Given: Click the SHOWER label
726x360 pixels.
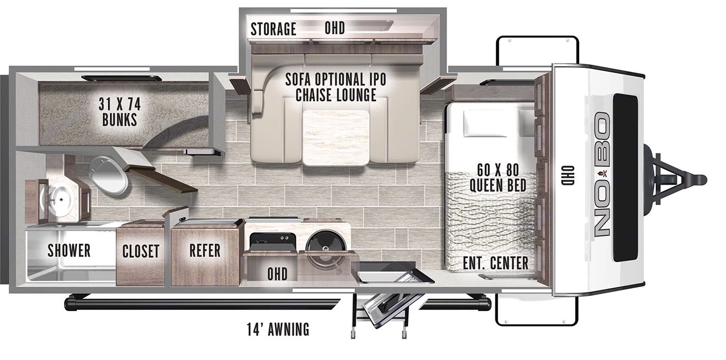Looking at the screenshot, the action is tap(69, 251).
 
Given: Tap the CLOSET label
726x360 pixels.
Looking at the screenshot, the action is tap(140, 251).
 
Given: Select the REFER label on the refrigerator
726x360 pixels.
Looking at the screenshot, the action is tap(205, 250).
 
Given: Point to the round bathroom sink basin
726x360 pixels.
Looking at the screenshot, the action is tap(60, 200).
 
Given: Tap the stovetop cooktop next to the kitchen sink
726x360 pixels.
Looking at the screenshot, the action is tap(271, 240).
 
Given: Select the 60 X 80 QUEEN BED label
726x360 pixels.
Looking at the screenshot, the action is tap(498, 178).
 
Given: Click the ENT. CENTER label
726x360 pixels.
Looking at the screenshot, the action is tap(495, 263).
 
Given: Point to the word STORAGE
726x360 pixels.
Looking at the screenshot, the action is tap(273, 29).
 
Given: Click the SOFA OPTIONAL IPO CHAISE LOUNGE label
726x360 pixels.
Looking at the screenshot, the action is tap(336, 87).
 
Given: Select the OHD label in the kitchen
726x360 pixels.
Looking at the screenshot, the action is tap(277, 273).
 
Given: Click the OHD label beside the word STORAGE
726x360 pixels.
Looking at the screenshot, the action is tap(334, 28).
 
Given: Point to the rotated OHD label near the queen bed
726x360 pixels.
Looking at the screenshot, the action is tap(569, 177).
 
